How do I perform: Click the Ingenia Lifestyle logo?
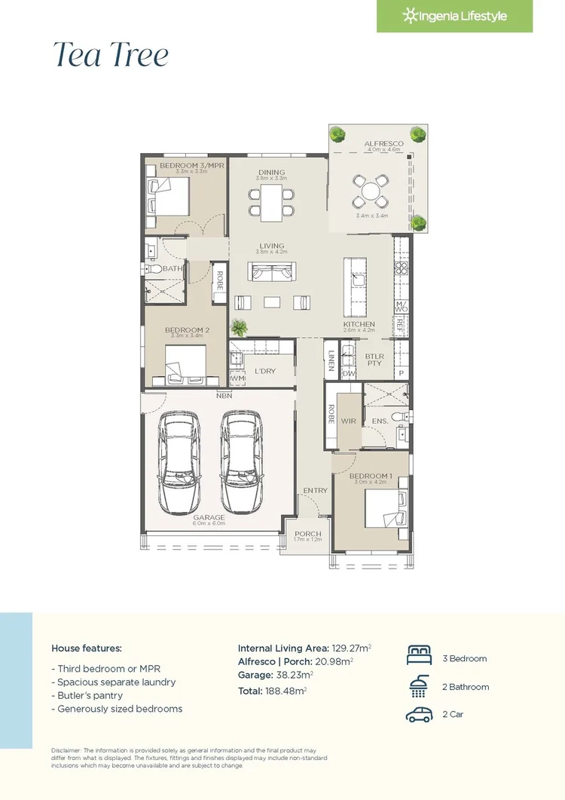coord(454,16)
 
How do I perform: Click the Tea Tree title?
coord(110,56)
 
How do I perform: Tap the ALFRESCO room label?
coord(383,143)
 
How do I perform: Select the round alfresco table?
coord(370,192)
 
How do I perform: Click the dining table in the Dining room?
coord(271,201)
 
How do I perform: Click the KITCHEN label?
coord(359,324)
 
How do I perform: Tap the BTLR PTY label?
coord(374,359)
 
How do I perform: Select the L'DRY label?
coord(264,370)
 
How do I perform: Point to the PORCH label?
coord(307,534)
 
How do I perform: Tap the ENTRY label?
coord(315,491)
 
